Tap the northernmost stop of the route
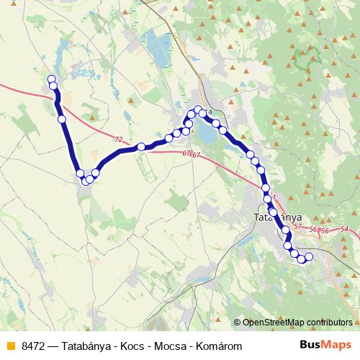tap(51, 79)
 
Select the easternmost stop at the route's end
tap(310, 256)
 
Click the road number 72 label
tap(118, 139)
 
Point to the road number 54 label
tap(344, 229)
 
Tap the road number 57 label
tap(297, 227)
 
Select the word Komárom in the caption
tap(219, 346)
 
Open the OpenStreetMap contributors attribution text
tap(297, 323)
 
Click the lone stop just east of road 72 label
tap(142, 147)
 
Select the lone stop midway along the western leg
tap(62, 119)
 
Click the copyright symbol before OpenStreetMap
tap(238, 323)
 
